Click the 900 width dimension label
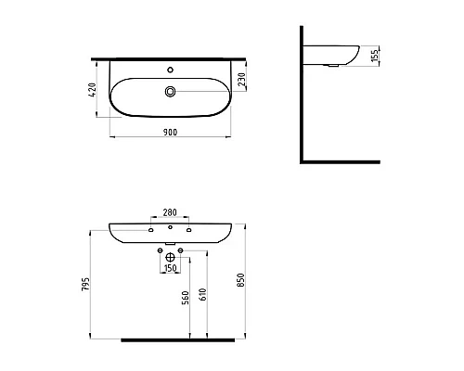(x=170, y=133)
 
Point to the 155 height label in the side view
(x=373, y=57)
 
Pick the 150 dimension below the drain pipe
(x=170, y=268)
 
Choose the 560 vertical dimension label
(x=187, y=297)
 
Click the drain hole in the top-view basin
(x=170, y=91)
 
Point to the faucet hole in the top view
(x=170, y=69)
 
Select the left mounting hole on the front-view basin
(x=151, y=229)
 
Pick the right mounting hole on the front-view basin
(x=188, y=229)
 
